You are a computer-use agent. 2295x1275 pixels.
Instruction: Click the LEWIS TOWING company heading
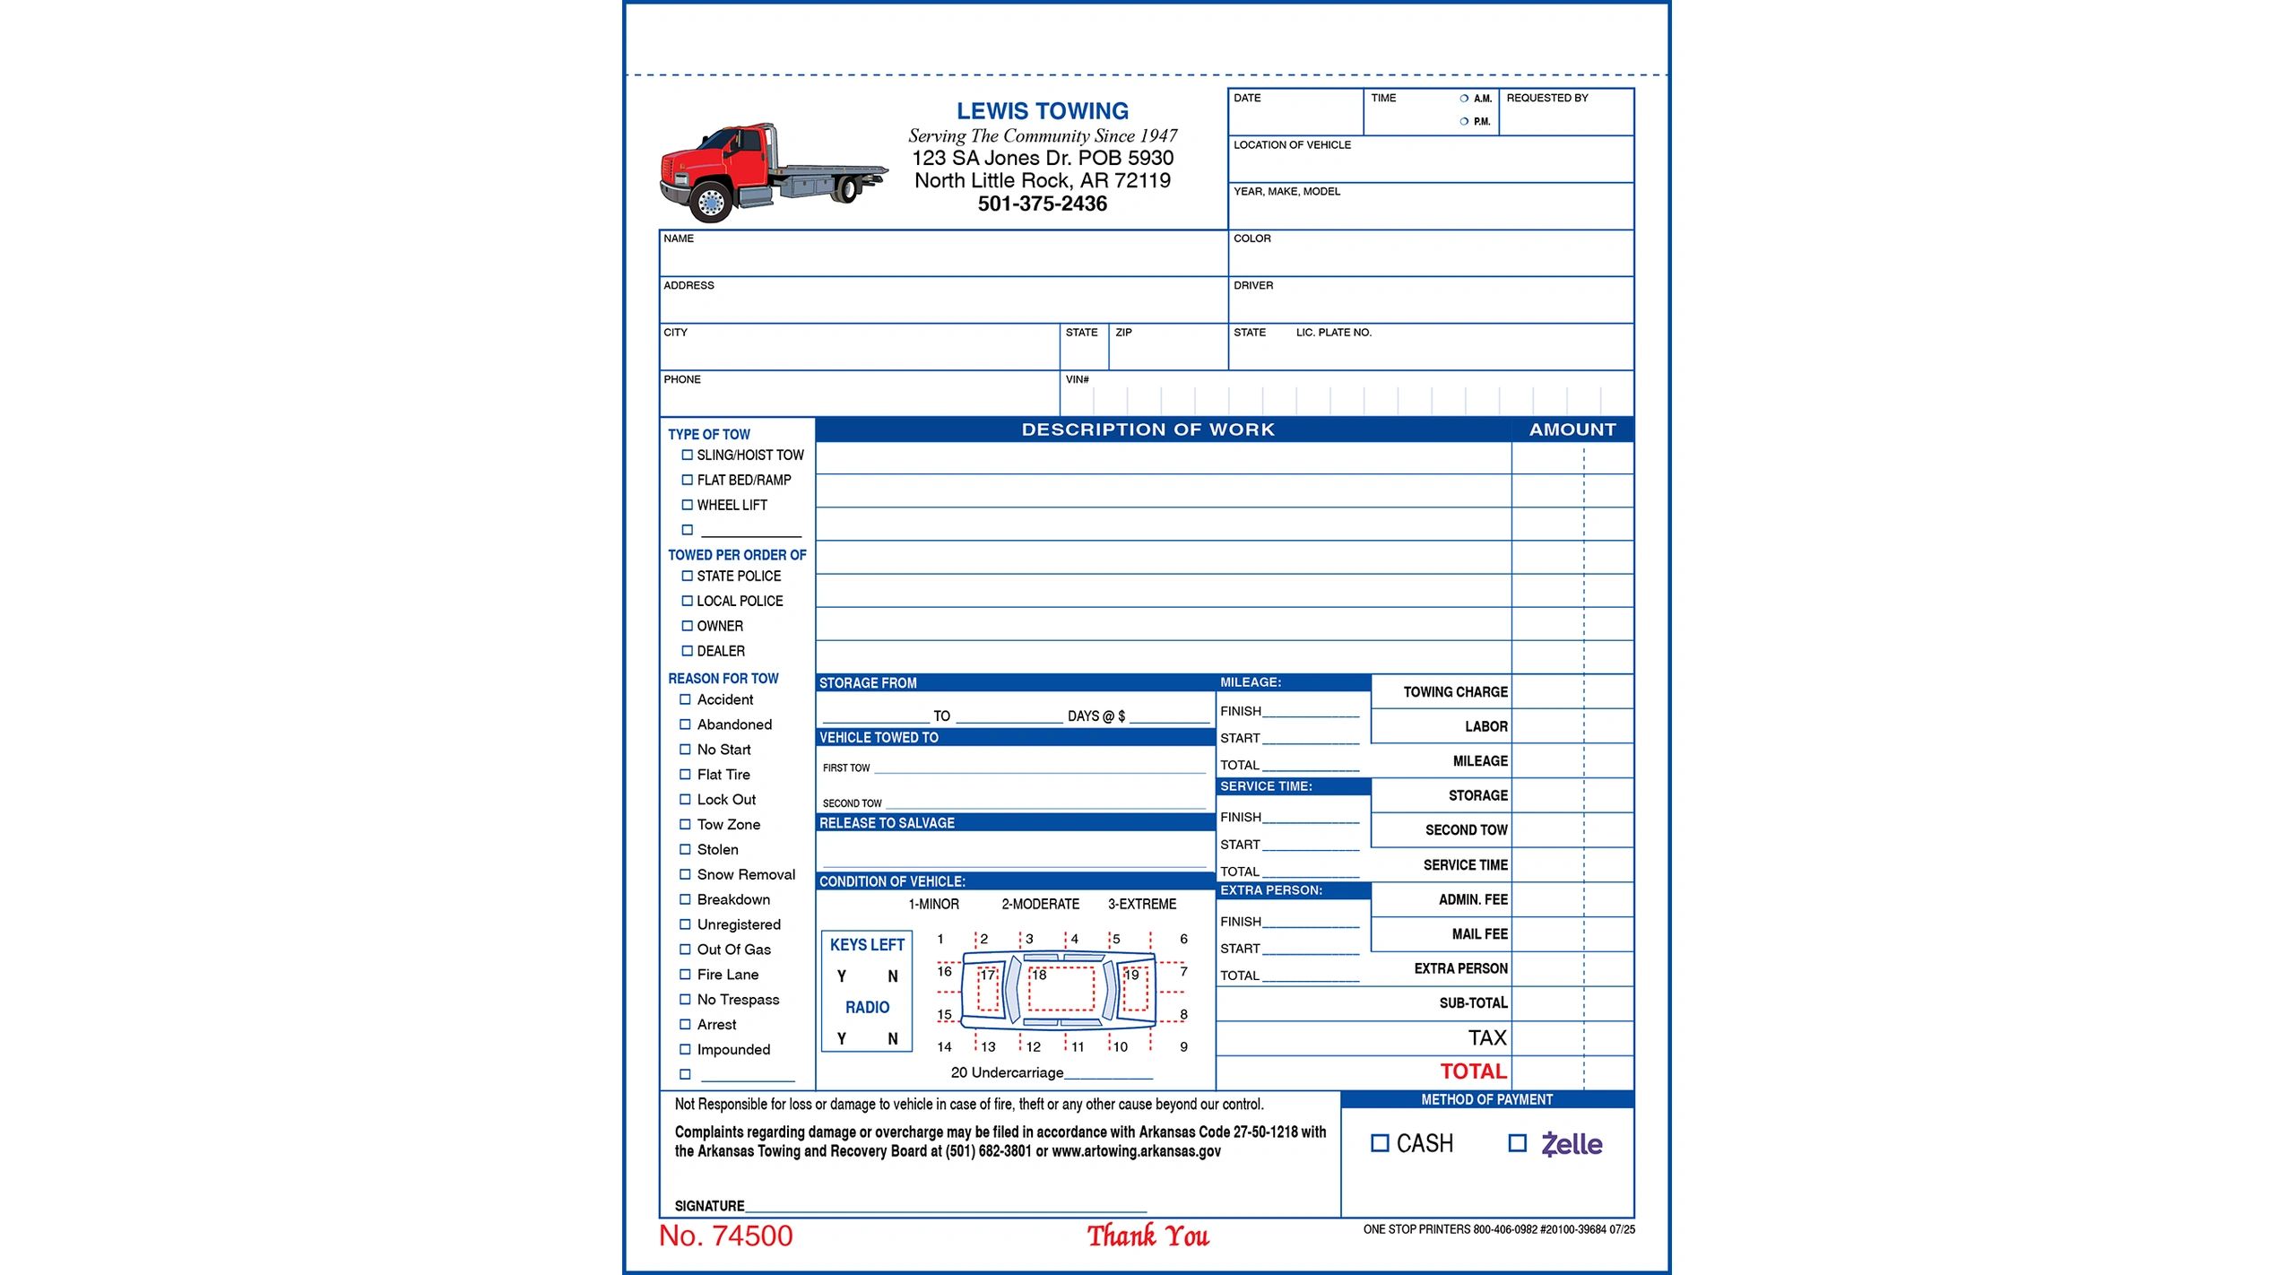[1042, 111]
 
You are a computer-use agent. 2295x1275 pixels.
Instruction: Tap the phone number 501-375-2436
[1042, 204]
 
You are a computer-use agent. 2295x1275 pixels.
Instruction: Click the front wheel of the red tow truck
[711, 203]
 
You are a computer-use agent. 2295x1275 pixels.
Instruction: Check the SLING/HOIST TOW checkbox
[687, 455]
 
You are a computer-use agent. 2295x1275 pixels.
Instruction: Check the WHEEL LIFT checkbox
[687, 505]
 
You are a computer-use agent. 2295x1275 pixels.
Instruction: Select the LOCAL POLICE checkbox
[687, 601]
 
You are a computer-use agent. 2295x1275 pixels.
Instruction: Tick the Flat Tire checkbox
[685, 775]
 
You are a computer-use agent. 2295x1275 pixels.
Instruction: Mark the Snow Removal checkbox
[685, 874]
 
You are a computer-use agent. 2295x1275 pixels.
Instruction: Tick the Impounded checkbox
[685, 1049]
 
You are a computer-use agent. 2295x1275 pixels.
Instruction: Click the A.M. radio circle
[1464, 99]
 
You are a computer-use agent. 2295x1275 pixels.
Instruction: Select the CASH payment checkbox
[1380, 1143]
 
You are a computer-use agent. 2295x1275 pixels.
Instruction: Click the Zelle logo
[1572, 1144]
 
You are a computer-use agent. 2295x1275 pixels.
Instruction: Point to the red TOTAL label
[1473, 1071]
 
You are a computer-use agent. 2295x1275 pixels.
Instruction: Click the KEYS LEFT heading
[867, 945]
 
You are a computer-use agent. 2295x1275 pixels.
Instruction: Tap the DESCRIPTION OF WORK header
[1147, 429]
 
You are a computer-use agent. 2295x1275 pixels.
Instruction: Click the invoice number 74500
[725, 1236]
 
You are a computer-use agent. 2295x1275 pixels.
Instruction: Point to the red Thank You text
[1147, 1236]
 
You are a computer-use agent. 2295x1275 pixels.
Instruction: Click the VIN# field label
[1077, 380]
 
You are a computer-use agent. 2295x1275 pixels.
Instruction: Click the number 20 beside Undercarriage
[958, 1072]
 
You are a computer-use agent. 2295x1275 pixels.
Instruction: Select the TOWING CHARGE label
[1455, 692]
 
